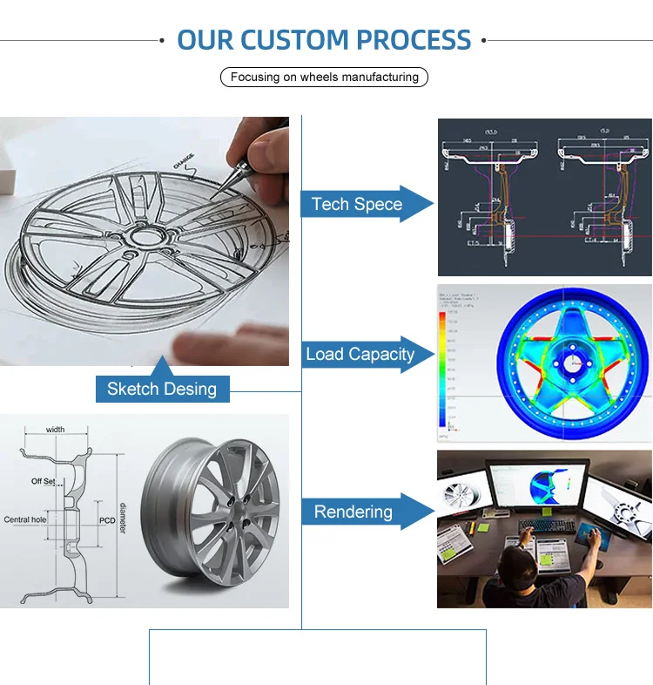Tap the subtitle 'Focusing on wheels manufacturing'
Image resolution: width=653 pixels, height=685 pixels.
[x=324, y=77]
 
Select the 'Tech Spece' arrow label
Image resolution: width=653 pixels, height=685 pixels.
[x=357, y=205]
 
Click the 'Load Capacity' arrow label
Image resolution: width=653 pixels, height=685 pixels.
[x=360, y=355]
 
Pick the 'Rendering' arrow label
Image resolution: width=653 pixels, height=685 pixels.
[x=353, y=512]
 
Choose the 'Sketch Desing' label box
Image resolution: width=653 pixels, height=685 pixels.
[x=162, y=389]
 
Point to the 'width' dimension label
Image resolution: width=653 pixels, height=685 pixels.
[x=56, y=430]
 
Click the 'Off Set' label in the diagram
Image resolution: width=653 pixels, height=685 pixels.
[x=44, y=481]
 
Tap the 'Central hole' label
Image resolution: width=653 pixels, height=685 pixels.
[x=25, y=520]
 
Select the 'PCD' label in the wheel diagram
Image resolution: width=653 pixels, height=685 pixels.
[x=107, y=520]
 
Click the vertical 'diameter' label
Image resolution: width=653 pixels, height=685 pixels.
[x=124, y=520]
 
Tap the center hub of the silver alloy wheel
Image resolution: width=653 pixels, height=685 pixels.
[x=237, y=513]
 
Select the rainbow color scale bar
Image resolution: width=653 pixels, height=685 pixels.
[x=442, y=366]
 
